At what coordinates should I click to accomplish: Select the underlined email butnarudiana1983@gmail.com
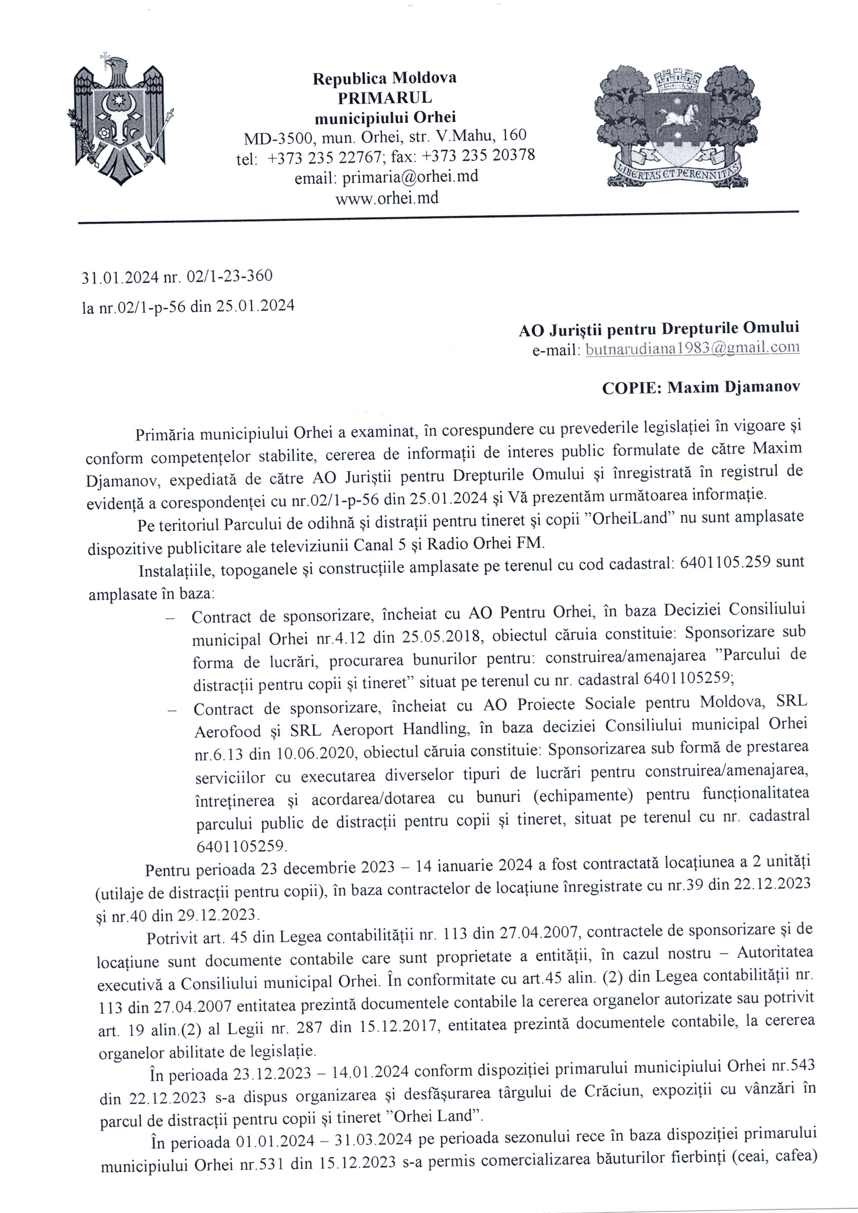coord(693,348)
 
